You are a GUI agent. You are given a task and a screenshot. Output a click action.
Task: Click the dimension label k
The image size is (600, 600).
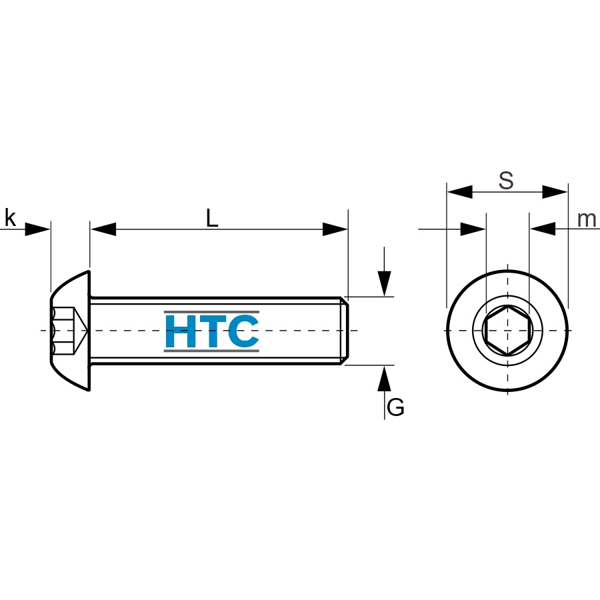point(10,218)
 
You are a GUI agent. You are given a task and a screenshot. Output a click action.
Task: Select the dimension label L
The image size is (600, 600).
point(212,219)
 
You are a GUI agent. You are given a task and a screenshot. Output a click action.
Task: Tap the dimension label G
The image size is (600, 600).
point(395,407)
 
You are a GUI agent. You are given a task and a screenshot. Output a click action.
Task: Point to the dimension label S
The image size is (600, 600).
point(506,181)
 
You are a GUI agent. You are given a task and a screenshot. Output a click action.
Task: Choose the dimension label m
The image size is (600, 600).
point(587,219)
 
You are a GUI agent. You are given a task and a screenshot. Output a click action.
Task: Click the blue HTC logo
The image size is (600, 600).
point(211,331)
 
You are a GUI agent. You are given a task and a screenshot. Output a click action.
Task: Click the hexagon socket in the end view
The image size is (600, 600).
point(507,330)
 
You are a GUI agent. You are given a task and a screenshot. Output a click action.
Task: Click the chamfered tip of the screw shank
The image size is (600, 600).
point(345,331)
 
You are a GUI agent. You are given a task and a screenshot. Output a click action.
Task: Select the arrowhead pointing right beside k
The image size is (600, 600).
point(37,229)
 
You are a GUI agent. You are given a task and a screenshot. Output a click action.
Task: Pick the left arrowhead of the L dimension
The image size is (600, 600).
point(103,229)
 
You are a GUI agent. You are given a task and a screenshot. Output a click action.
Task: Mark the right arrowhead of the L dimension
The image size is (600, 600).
point(335,229)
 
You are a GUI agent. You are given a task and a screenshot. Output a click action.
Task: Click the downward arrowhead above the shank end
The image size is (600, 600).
point(384,283)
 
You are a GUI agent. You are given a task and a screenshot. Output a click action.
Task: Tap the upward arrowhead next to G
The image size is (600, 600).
point(384,379)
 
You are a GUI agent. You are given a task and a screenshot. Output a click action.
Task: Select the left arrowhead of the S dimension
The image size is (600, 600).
point(460,192)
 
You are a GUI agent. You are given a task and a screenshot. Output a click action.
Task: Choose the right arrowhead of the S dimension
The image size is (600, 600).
point(555,192)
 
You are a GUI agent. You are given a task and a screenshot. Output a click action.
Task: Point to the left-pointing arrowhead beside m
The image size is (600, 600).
point(543,229)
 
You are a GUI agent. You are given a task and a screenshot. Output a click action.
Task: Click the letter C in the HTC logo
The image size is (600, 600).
point(242,331)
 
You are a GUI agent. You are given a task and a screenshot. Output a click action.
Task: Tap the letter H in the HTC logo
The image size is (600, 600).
point(180,331)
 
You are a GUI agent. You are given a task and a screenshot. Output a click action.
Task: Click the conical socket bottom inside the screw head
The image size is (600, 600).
point(81,330)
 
